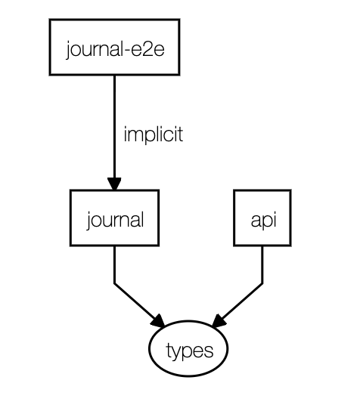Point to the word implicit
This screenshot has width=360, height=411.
coord(154,134)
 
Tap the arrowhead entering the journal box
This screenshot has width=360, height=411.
coord(114,184)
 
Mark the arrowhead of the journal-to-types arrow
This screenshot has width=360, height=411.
coord(158,320)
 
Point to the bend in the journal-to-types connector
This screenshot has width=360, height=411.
coord(114,283)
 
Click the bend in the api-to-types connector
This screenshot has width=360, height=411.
coord(262,283)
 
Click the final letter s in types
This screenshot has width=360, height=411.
coord(209,351)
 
